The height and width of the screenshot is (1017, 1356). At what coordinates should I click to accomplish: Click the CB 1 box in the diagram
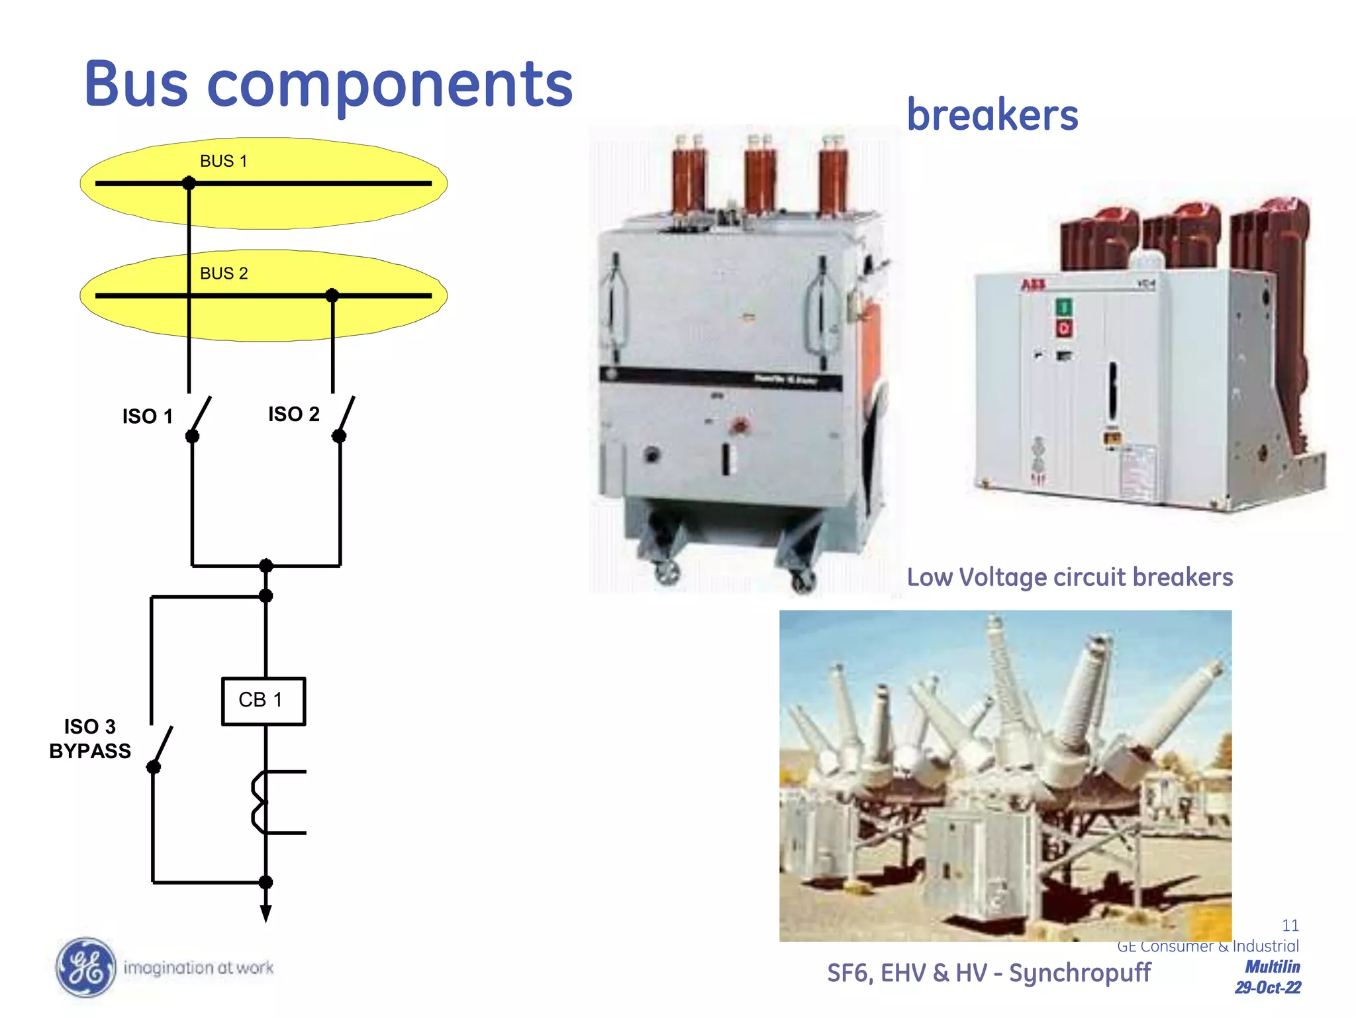(x=263, y=701)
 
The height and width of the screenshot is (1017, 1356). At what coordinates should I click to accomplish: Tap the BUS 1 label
(x=223, y=161)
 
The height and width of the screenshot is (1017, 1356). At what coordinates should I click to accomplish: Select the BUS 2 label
(x=224, y=273)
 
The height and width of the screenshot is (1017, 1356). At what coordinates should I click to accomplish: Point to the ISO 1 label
(x=147, y=416)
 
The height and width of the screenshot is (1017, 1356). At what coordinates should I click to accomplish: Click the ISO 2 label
(x=293, y=414)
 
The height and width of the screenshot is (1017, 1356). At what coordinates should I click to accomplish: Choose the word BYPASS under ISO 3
(x=90, y=751)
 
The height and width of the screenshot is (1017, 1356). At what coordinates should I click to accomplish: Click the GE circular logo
(x=85, y=967)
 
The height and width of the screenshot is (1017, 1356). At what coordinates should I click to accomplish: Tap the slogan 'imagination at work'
(x=199, y=968)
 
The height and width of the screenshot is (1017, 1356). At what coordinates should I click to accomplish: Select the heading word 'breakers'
(x=992, y=115)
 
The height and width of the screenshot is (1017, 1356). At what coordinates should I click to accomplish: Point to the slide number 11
(x=1290, y=925)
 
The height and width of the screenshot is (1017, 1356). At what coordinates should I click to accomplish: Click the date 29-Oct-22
(x=1267, y=988)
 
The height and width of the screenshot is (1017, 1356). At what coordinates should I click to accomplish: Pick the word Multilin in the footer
(x=1272, y=967)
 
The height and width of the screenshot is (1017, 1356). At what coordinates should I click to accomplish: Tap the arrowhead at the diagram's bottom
(x=266, y=914)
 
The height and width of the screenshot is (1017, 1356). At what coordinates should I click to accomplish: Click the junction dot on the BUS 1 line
(x=189, y=183)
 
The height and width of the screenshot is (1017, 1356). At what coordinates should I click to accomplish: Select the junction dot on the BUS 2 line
(x=332, y=295)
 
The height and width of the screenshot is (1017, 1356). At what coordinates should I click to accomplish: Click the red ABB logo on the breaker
(x=1033, y=285)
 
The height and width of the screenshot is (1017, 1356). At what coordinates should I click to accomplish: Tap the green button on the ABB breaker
(x=1064, y=307)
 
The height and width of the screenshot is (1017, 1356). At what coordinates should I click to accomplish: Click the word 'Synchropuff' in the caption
(x=1079, y=973)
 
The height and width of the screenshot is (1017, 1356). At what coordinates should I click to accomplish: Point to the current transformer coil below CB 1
(x=260, y=802)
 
